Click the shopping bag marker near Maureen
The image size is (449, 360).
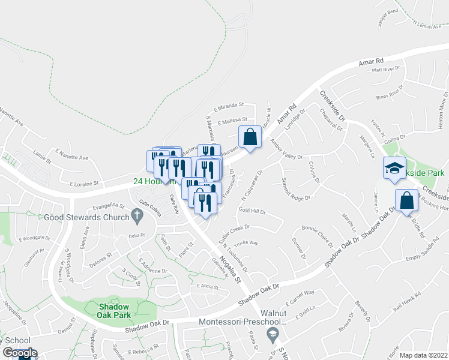coord(250,137)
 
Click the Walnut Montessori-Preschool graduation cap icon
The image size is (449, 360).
coord(273,333)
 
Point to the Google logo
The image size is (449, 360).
coord(19,353)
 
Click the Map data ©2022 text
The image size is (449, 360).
coord(423,355)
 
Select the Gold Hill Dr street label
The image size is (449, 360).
coord(252,211)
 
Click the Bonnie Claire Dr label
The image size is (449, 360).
coord(316,236)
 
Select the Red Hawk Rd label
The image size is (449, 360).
coord(408,302)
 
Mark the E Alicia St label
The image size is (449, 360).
coord(208,287)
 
